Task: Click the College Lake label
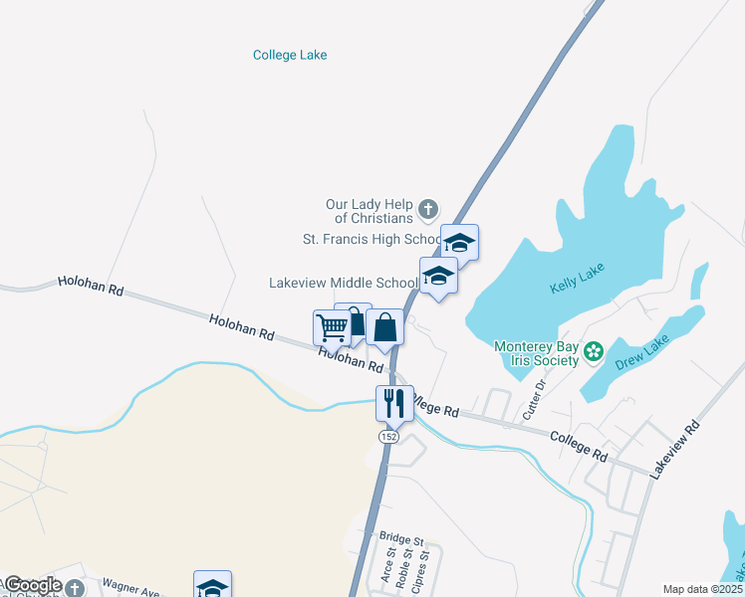(290, 56)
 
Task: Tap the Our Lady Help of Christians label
(369, 211)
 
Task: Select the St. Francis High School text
(372, 240)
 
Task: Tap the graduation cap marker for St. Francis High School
(459, 242)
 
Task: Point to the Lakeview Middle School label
(343, 283)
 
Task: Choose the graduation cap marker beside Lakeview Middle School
(438, 276)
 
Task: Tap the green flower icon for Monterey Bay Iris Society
(594, 350)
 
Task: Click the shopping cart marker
(331, 325)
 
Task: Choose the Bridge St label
(401, 537)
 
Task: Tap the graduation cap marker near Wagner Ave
(212, 586)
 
